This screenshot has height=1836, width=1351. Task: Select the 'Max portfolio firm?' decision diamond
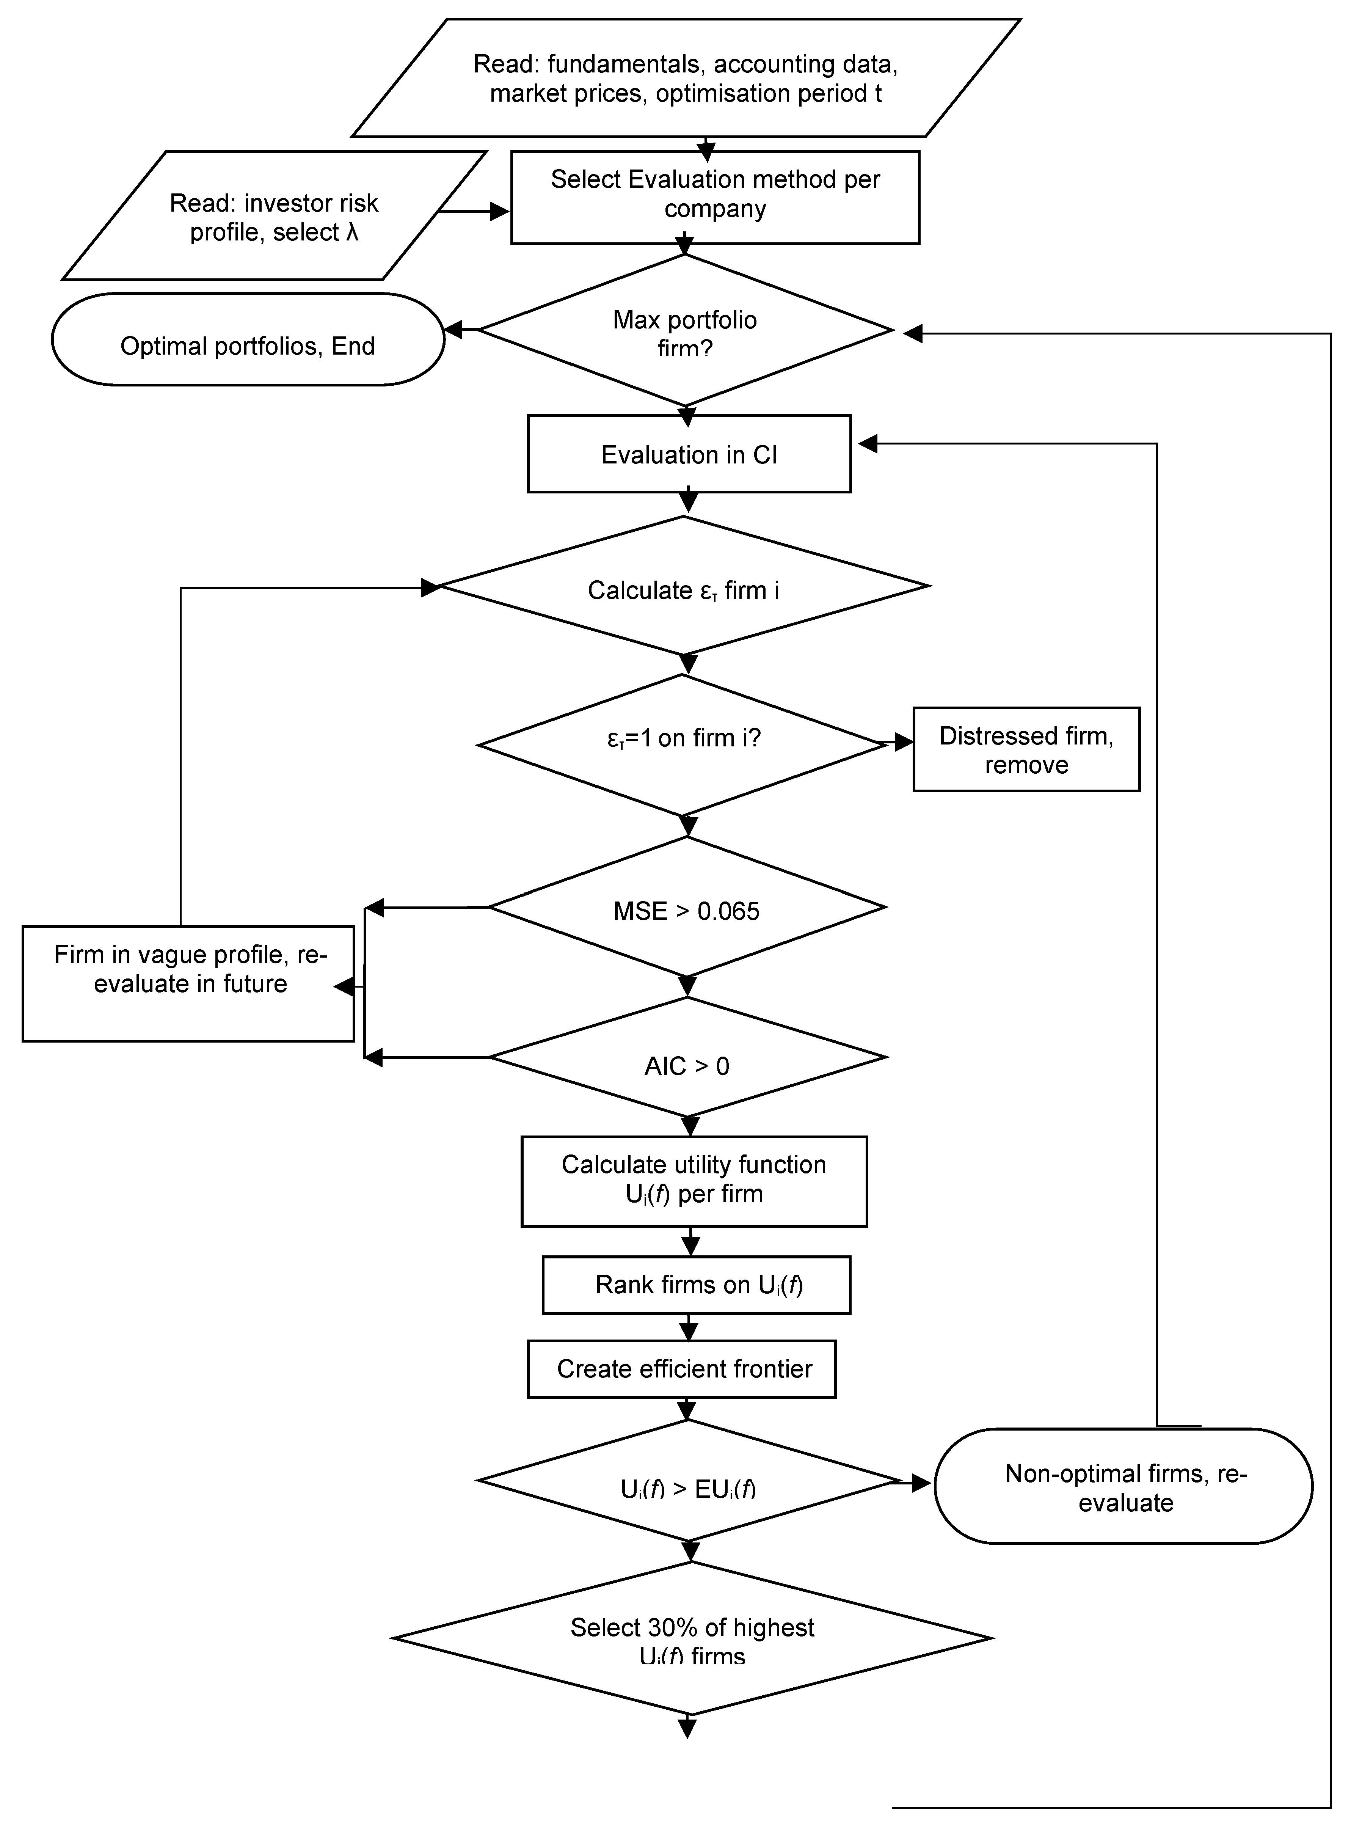(685, 331)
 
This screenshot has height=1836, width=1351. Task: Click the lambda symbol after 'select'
(351, 232)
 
